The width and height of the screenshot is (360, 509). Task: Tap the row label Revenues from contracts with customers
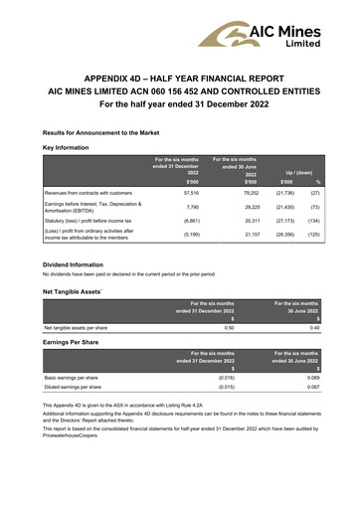click(x=90, y=193)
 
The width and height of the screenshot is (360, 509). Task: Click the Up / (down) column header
click(x=299, y=171)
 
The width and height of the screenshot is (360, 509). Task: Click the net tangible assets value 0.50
click(x=230, y=326)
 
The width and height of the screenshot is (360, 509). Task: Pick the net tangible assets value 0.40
click(x=315, y=326)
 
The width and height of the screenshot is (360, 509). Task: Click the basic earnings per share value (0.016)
click(x=227, y=379)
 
